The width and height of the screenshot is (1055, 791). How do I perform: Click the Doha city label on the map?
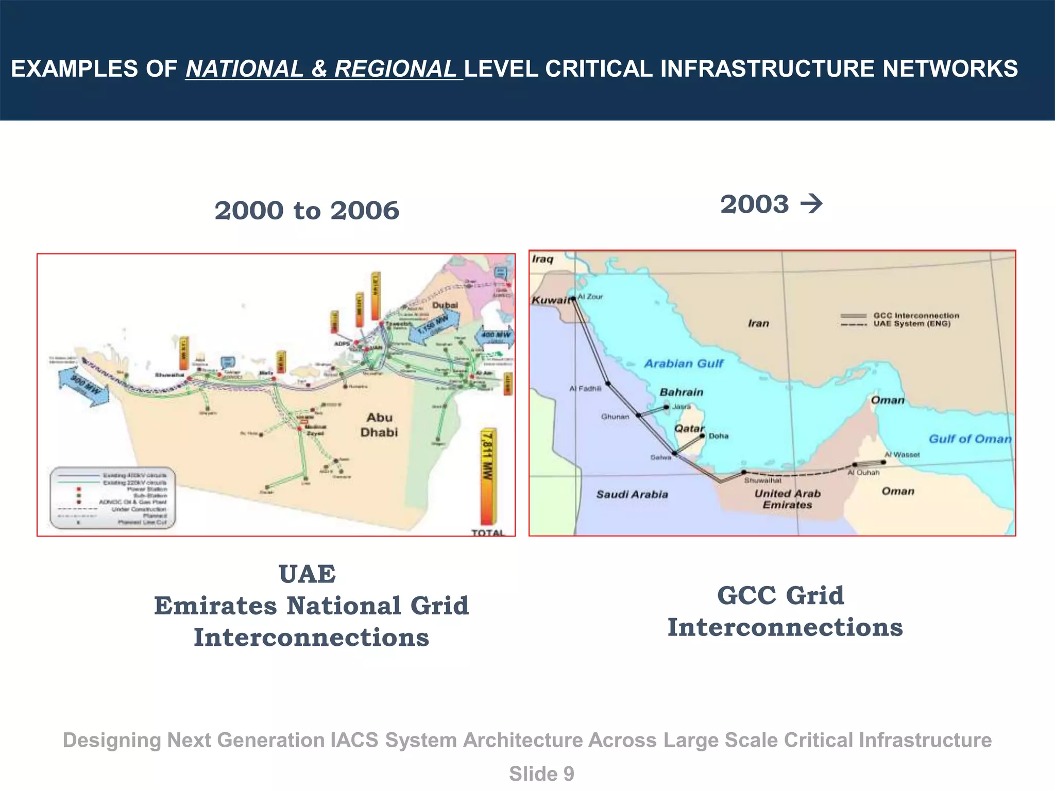(x=718, y=436)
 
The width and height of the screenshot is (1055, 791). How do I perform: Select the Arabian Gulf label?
(x=684, y=364)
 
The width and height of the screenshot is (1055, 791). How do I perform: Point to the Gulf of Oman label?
(x=969, y=439)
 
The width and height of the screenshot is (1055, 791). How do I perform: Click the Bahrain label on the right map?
(x=681, y=392)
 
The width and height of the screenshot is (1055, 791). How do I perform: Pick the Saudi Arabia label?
(x=632, y=494)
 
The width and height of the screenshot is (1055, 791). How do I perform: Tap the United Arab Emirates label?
(x=787, y=499)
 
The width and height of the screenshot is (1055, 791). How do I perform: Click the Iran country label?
(x=758, y=323)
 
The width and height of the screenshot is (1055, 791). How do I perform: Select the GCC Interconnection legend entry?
(x=916, y=315)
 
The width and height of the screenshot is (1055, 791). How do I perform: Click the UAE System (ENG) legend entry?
(x=912, y=324)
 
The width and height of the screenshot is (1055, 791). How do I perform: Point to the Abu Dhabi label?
(x=379, y=425)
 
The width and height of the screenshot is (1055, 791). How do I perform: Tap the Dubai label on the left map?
(x=445, y=305)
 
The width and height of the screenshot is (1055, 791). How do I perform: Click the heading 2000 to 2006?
(x=307, y=211)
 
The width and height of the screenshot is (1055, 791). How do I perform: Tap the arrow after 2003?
(x=811, y=204)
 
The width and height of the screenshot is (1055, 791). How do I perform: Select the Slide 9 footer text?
(x=541, y=774)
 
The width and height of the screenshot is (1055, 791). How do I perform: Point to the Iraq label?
(x=542, y=259)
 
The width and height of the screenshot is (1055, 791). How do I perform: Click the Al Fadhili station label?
(x=585, y=389)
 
